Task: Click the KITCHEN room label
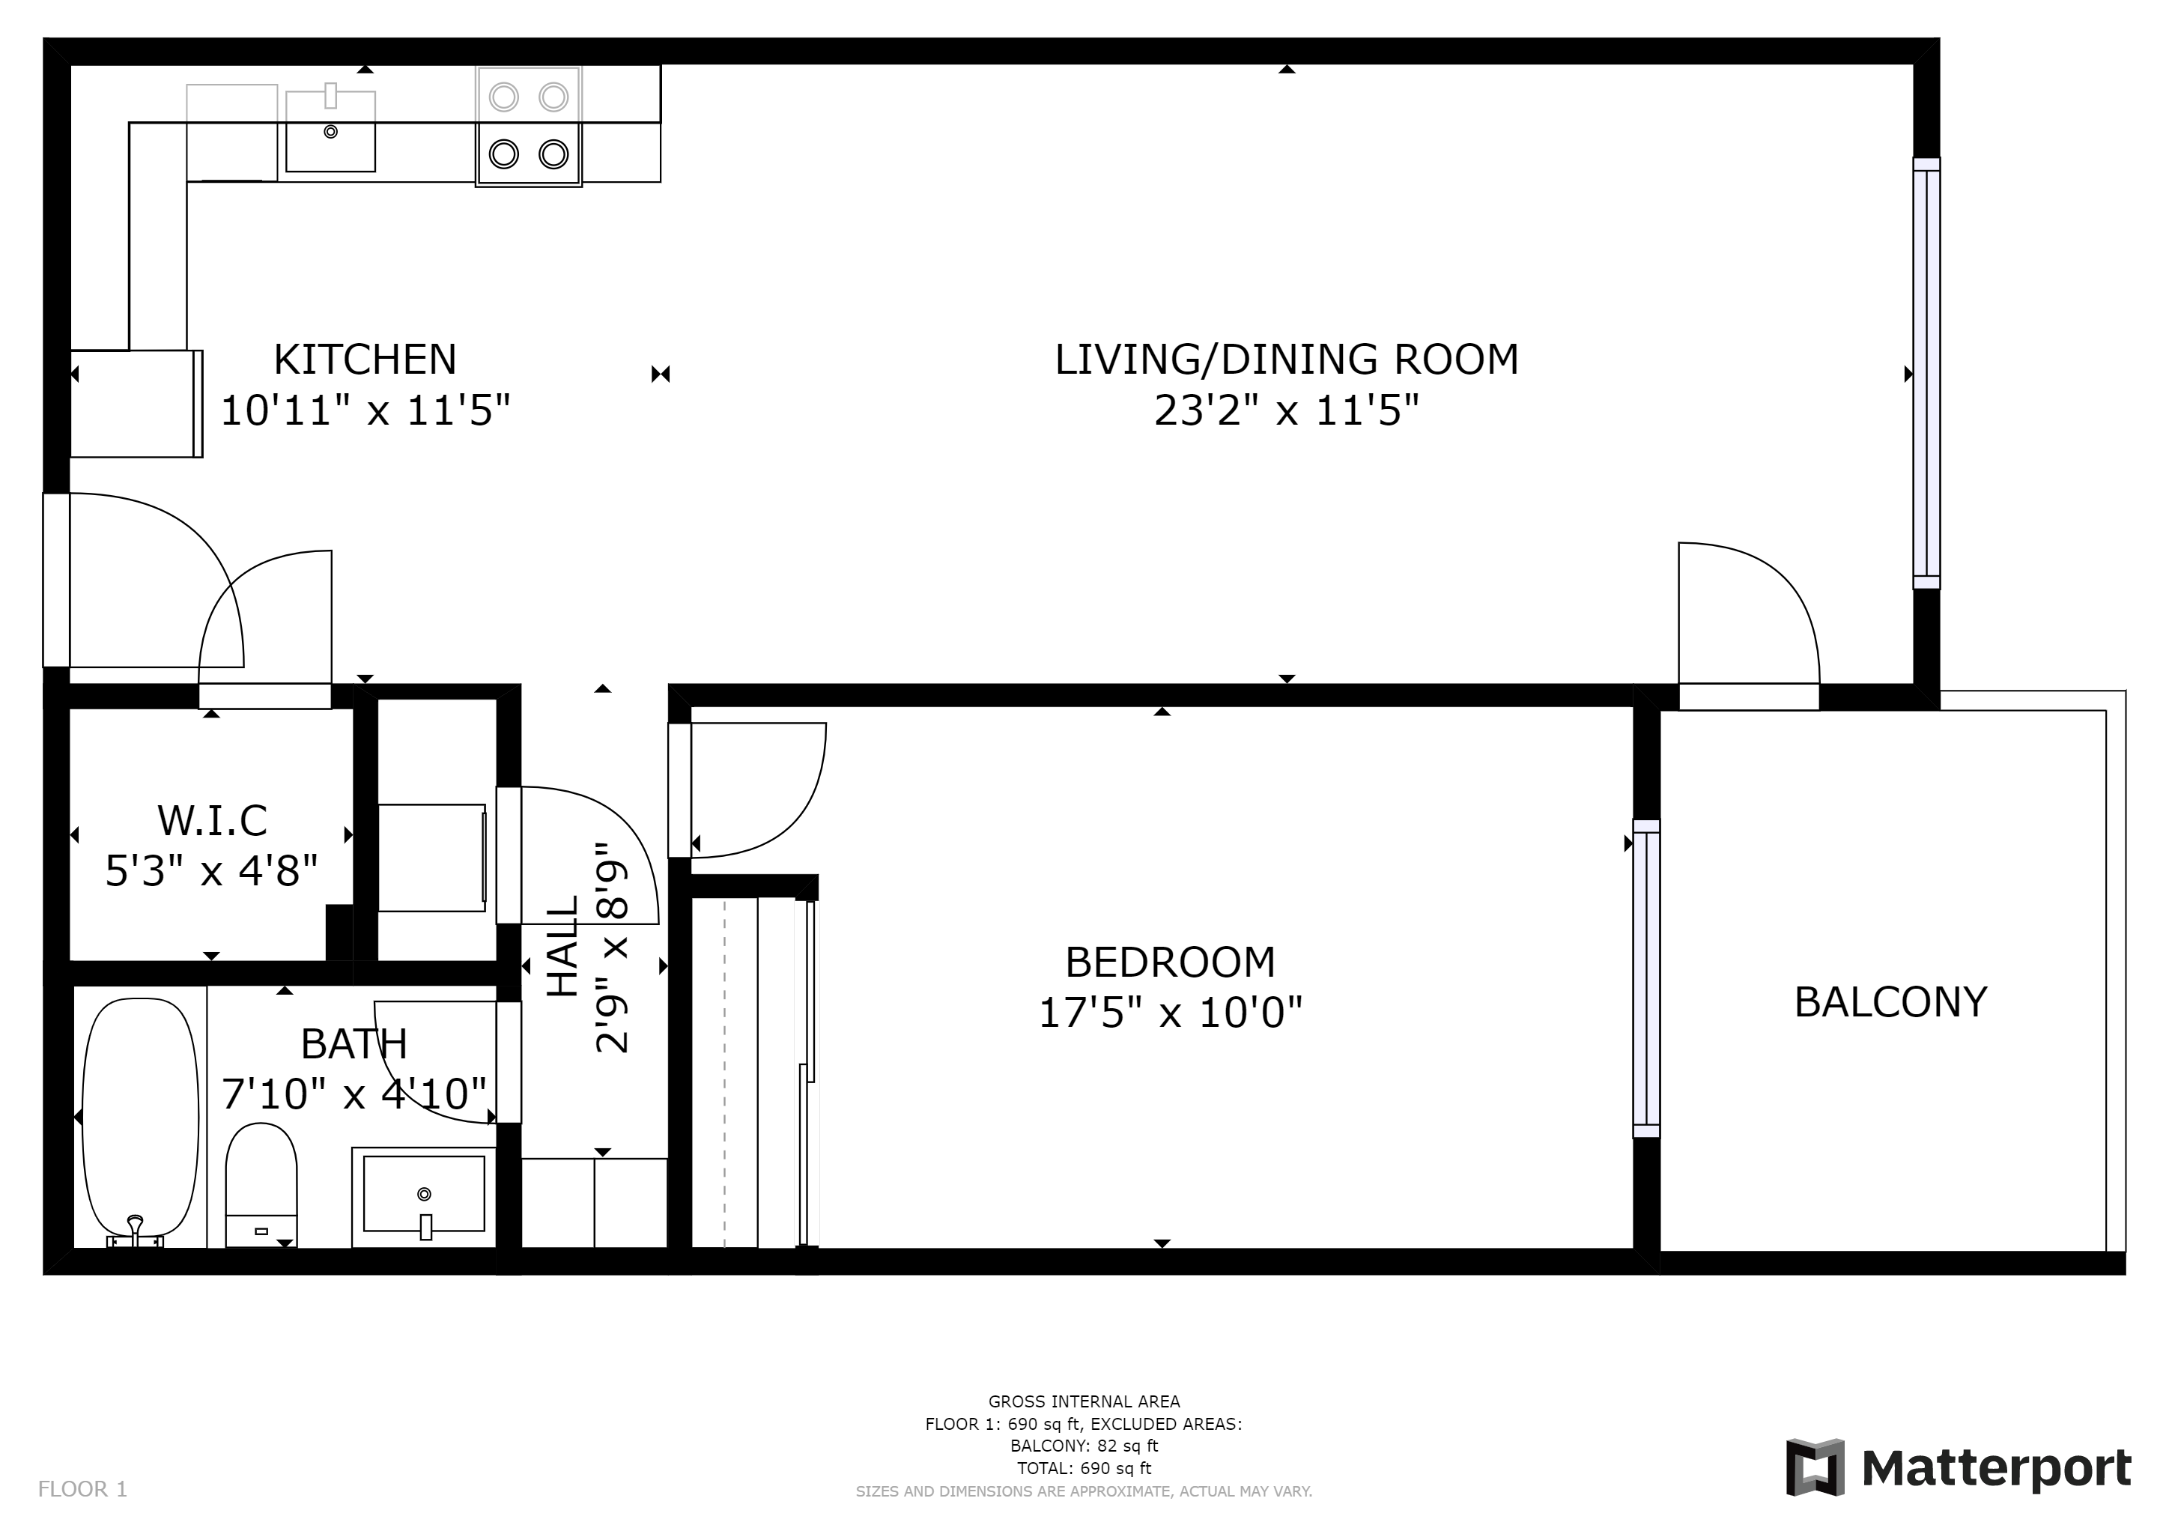tap(365, 360)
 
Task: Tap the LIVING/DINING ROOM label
tap(1287, 360)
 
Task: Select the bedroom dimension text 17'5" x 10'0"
tap(1171, 1013)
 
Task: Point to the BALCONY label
tap(1890, 1002)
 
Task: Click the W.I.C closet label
tap(213, 821)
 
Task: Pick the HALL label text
tap(563, 947)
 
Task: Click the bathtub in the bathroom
tap(141, 1121)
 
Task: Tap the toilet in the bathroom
tap(261, 1184)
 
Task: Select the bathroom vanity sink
tap(424, 1197)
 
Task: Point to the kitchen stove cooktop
tap(528, 126)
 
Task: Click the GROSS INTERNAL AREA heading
tap(1084, 1401)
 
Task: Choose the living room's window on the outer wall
tap(1926, 373)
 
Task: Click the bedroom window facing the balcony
tap(1646, 978)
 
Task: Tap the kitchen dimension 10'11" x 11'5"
tap(365, 411)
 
